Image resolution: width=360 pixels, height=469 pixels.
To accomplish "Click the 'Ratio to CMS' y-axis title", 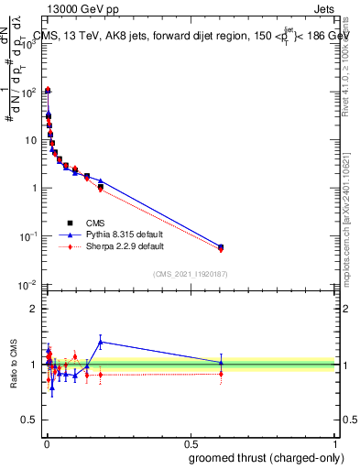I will (15, 365).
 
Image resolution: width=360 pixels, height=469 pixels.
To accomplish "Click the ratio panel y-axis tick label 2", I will (34, 309).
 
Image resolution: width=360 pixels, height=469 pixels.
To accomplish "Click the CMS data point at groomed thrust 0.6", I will (221, 246).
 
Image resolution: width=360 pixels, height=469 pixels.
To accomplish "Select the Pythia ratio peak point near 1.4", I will (101, 342).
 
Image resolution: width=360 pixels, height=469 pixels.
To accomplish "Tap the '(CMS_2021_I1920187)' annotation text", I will (191, 274).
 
